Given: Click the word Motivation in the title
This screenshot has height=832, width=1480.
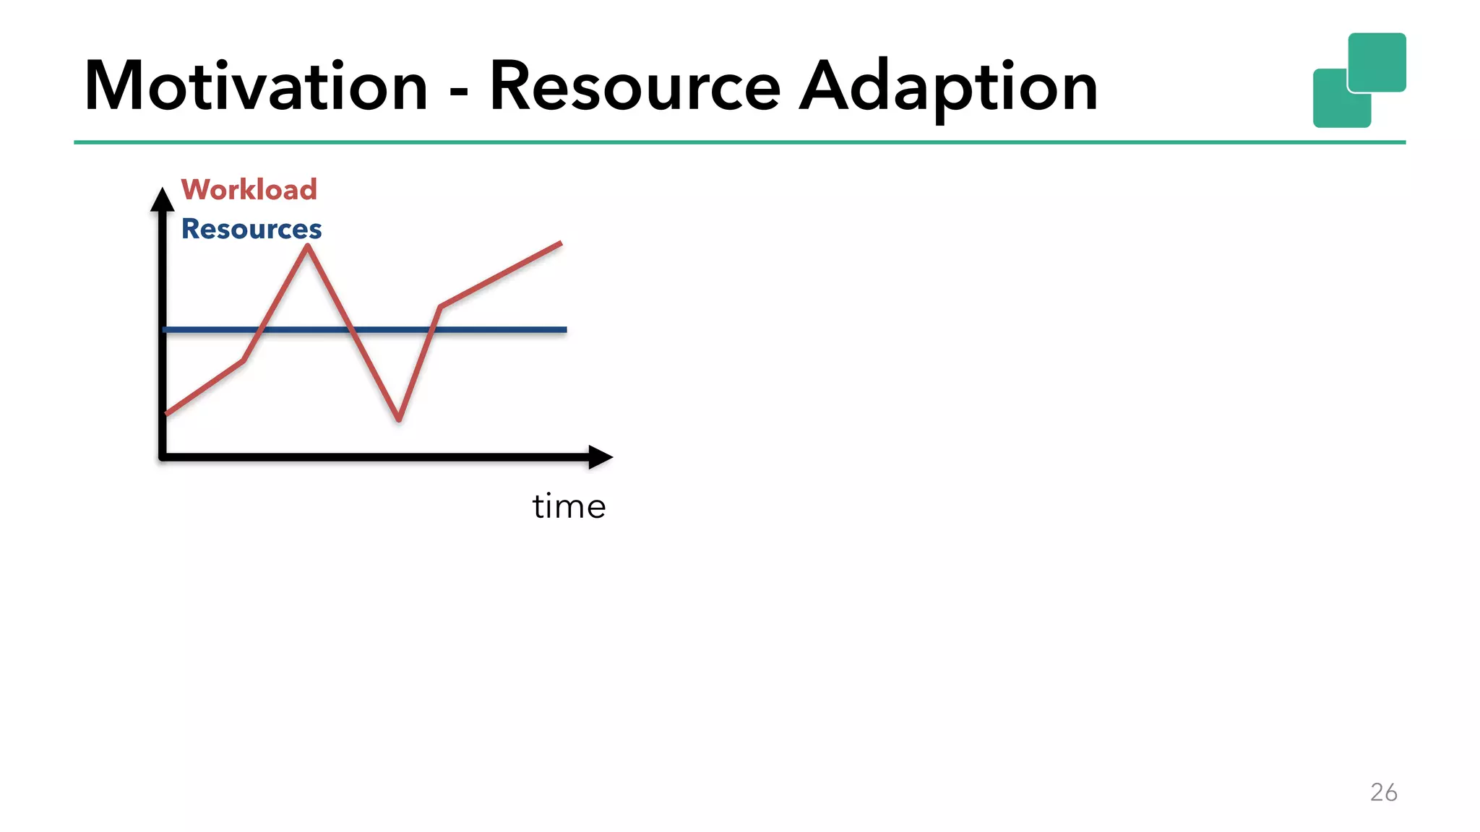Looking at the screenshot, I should point(257,87).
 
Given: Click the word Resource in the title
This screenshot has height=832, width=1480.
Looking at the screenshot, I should point(635,87).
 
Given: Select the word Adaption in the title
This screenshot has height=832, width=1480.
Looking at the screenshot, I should point(949,87).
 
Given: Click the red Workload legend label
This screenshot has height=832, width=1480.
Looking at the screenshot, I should point(249,189).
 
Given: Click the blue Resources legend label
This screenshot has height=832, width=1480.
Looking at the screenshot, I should point(251,229).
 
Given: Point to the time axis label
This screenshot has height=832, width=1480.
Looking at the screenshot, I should point(569,506).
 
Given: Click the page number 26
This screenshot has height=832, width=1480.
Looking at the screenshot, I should point(1383,792).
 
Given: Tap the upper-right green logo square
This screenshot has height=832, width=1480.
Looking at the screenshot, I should point(1377,61).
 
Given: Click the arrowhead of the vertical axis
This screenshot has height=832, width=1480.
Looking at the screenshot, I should point(163,198).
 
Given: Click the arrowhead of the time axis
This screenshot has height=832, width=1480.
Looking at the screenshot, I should point(601,456).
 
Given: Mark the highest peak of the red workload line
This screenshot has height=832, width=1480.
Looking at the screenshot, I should point(308,247).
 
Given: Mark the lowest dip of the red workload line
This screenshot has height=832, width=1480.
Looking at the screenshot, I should point(399,419).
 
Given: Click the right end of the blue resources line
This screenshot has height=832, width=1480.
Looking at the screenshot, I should point(565,329).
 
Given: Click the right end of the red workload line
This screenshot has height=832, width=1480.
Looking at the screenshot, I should point(560,243).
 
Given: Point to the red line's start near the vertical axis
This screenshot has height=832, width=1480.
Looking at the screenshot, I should point(168,413).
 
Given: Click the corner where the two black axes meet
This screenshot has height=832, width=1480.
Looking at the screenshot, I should point(163,456).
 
